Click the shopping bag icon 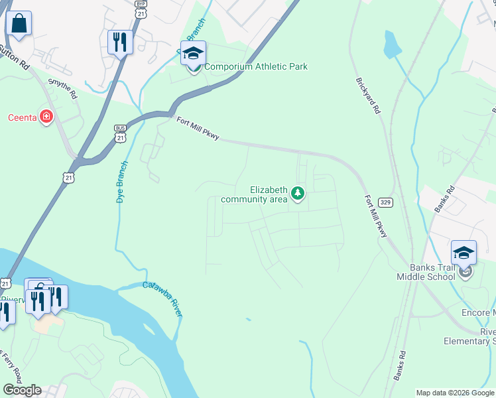[19, 25]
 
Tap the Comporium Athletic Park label [255, 66]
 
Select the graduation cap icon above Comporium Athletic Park [194, 54]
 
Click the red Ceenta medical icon [46, 118]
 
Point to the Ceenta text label [21, 118]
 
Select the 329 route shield [385, 202]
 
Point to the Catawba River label [162, 299]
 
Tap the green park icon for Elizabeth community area [298, 194]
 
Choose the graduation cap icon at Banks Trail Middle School [464, 253]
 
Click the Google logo [22, 390]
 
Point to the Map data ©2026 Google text [455, 393]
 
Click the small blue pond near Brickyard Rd [393, 44]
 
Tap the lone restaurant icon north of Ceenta [120, 42]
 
